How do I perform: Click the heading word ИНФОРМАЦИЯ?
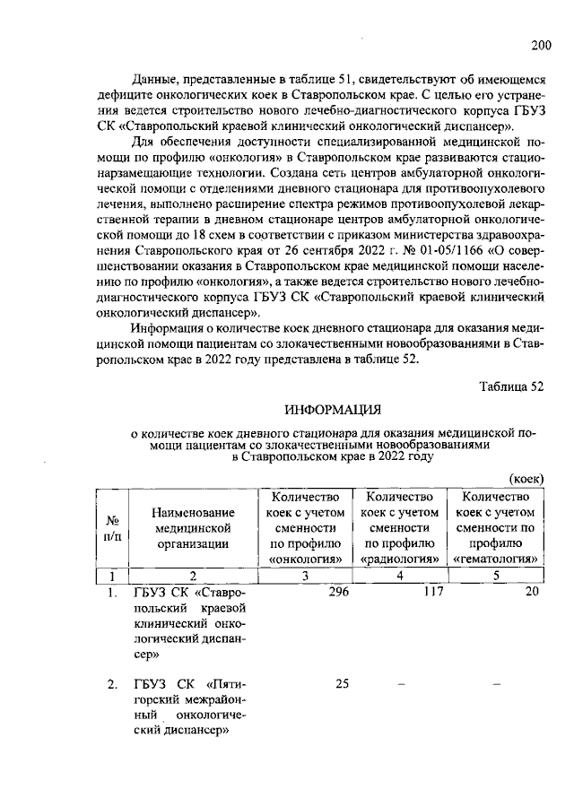coord(333,411)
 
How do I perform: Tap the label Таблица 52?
coord(512,386)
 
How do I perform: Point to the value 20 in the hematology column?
coord(532,592)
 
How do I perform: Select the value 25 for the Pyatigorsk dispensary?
coord(342,684)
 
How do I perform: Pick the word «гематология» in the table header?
coord(496,560)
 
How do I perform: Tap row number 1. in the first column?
coord(112,593)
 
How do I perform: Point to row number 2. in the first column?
coord(112,685)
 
